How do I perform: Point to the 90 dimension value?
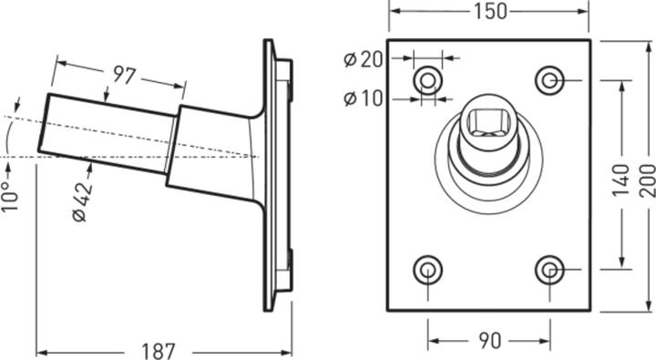(489, 341)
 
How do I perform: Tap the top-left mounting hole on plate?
(427, 81)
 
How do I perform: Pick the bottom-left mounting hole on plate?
(427, 270)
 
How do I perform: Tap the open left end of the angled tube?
(44, 123)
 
